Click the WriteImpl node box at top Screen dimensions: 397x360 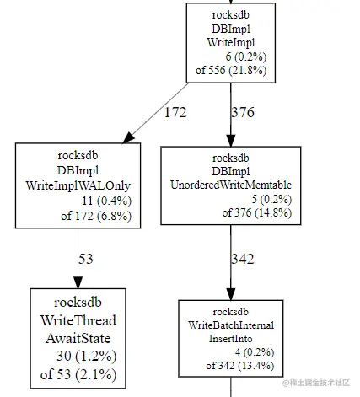click(230, 41)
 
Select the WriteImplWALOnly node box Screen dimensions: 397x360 click(78, 185)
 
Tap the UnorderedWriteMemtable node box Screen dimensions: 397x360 click(230, 185)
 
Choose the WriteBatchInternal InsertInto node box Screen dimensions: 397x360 click(230, 336)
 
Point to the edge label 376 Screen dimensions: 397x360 click(243, 110)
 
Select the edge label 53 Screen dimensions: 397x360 click(86, 259)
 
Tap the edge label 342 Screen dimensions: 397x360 click(243, 259)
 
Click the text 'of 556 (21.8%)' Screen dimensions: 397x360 click(230, 70)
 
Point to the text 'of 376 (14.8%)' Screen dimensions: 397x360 click(230, 213)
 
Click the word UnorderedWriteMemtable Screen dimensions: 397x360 click(230, 185)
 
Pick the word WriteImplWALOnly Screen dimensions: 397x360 click(78, 185)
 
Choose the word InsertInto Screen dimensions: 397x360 click(230, 338)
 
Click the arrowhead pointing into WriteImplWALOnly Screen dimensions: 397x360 click(130, 137)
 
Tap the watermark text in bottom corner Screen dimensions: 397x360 click(318, 384)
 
